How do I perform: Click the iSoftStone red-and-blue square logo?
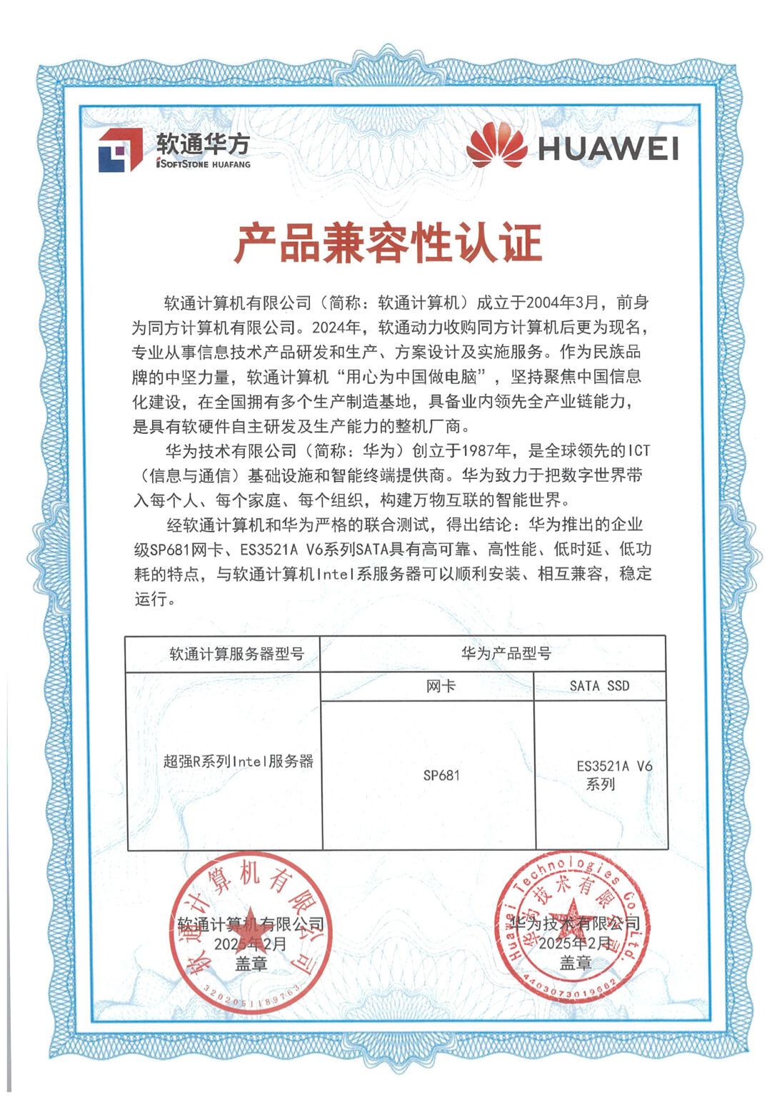[121, 151]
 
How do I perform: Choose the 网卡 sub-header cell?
[441, 686]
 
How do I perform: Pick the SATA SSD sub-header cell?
[599, 686]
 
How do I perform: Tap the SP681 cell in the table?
[441, 775]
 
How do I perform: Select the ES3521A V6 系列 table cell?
[613, 774]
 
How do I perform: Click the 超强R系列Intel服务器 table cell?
[239, 761]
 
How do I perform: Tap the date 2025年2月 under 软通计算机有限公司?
[251, 944]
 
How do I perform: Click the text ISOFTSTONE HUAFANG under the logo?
[204, 164]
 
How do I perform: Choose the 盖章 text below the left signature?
[251, 964]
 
